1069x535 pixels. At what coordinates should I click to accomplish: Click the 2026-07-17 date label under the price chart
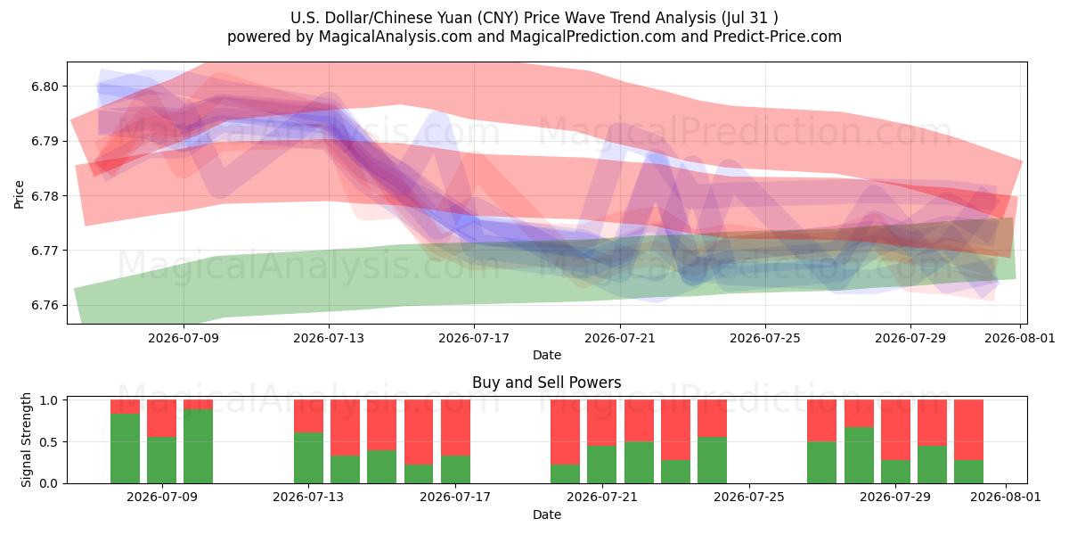coord(474,338)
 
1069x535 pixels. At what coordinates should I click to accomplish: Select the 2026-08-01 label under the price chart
coord(1020,338)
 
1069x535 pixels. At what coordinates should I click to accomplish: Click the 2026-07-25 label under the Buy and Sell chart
coord(749,497)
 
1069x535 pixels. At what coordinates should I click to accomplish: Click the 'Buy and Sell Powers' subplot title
coord(546,383)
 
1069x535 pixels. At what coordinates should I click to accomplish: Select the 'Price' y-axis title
coord(19,194)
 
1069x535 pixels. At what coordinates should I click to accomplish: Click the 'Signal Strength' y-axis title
coord(26,440)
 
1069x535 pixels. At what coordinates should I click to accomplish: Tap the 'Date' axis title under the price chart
coord(547,355)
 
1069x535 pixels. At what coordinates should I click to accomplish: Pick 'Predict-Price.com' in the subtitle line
coord(778,37)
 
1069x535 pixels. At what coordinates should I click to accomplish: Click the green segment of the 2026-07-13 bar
coord(308,457)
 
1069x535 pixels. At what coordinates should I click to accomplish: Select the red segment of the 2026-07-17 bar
coord(455,427)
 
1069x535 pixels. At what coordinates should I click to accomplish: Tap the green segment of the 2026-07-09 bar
coord(161,460)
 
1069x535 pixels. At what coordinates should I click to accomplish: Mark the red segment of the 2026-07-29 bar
coord(895,430)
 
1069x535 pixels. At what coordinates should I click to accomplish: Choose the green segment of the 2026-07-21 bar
coord(602,465)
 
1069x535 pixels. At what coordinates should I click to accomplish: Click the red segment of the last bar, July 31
coord(969,430)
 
